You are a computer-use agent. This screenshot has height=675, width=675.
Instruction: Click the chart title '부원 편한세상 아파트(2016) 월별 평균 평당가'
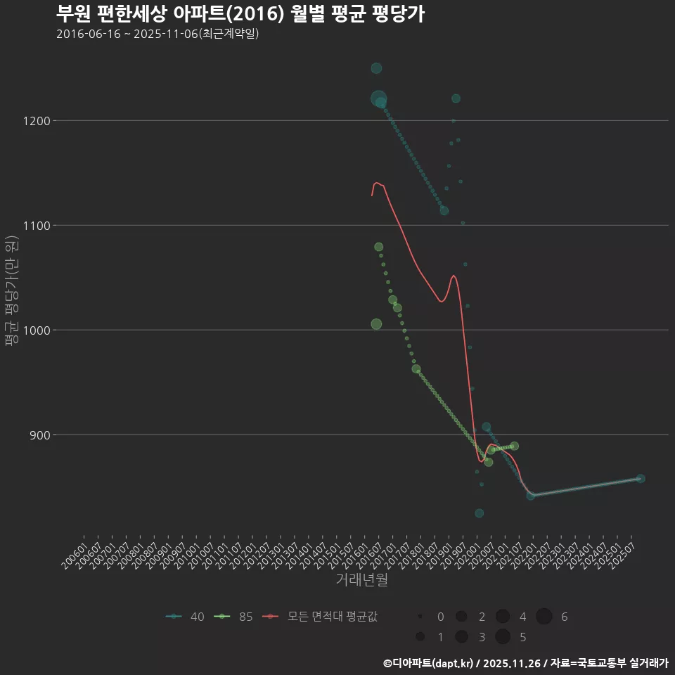click(240, 14)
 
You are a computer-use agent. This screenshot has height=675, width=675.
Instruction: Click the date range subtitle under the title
click(157, 34)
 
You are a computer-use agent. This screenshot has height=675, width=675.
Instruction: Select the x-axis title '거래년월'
click(362, 580)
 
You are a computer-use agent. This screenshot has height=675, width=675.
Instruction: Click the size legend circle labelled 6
click(544, 617)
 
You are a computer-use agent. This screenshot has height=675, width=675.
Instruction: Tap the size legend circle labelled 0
click(420, 617)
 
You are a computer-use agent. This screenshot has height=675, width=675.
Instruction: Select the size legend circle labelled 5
click(503, 637)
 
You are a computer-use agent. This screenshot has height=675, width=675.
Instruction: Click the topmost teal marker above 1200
click(376, 68)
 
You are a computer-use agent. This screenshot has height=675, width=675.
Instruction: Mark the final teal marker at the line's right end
click(641, 479)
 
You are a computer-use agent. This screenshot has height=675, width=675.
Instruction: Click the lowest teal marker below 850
click(480, 513)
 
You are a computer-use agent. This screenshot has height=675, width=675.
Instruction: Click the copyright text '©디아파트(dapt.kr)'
click(429, 663)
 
